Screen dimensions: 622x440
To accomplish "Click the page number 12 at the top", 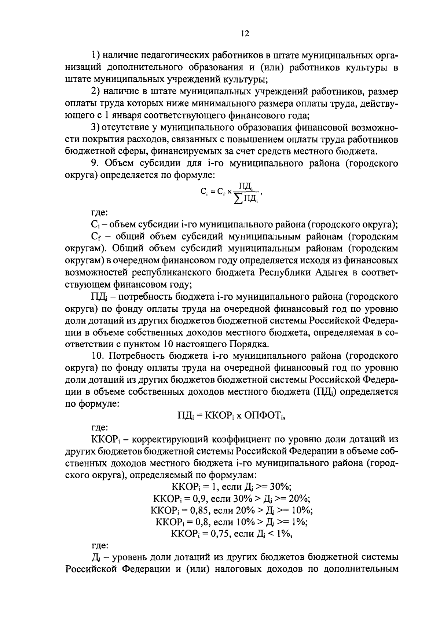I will coord(245,33).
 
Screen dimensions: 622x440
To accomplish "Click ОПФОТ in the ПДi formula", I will coord(263,415).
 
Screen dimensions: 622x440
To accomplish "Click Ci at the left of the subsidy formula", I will coord(204,191).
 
